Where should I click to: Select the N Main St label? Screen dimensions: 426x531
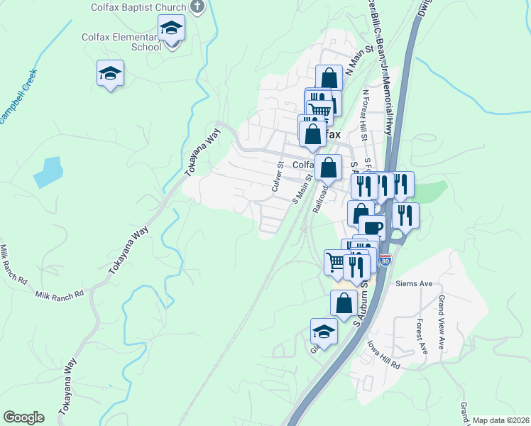pos(359,60)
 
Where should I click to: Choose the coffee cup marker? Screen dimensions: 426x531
pos(372,228)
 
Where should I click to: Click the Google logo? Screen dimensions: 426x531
pos(23,417)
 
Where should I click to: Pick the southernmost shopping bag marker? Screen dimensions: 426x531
pos(344,302)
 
